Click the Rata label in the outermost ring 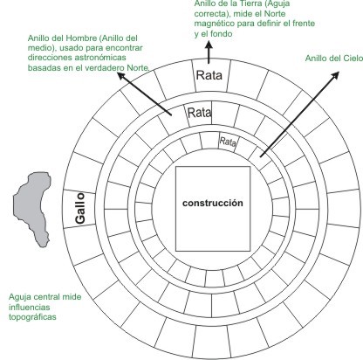coord(209,75)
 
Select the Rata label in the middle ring coord(200,113)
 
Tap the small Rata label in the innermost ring coord(228,142)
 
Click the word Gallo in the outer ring coord(80,208)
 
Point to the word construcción coord(213,203)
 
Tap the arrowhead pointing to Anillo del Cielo coord(335,75)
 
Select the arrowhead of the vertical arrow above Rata coord(209,45)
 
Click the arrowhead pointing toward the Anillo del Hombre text coord(121,76)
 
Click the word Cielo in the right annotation coord(353,59)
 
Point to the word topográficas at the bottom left coord(32,317)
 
